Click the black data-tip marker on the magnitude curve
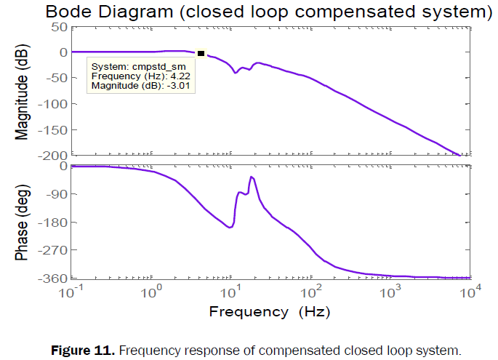[201, 53]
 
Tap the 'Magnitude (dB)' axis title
[23, 89]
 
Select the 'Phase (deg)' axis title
[23, 223]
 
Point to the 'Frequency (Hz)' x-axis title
[270, 312]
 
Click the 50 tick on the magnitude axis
[58, 27]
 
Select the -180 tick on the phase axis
[53, 222]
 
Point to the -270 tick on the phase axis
[53, 249]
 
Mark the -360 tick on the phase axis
[53, 278]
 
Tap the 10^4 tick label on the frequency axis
[470, 293]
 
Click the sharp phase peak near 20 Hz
[252, 177]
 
